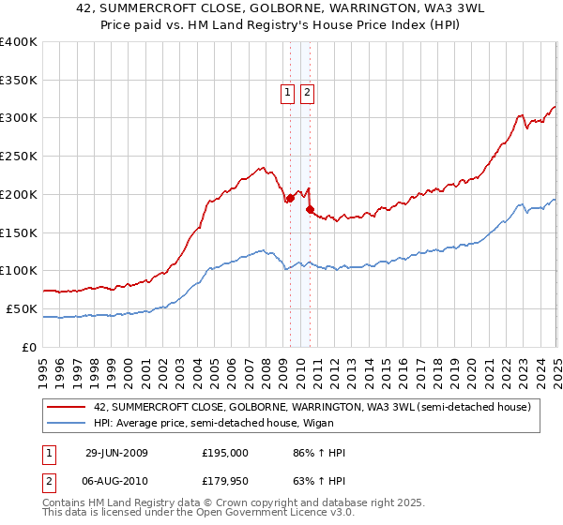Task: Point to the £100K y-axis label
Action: coord(20,271)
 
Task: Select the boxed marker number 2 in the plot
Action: coord(307,92)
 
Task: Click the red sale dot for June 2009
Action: coord(290,198)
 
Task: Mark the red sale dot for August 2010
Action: coord(310,209)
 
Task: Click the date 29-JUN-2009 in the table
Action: coord(117,453)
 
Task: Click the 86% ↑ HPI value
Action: coord(319,453)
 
